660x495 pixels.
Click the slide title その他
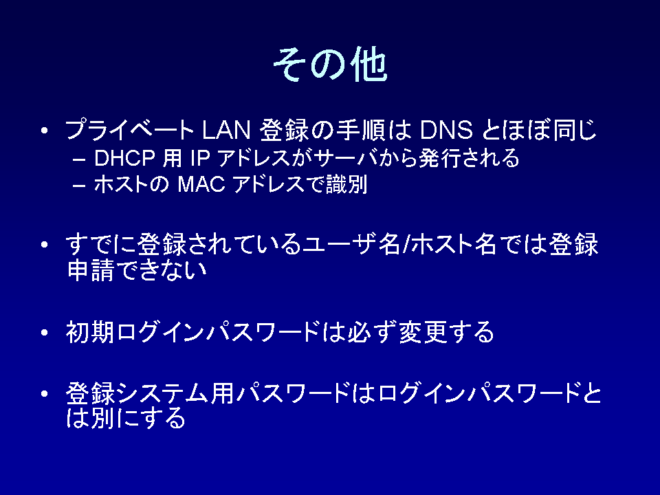(331, 64)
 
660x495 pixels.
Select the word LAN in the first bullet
(226, 130)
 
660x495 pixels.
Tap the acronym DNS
(446, 130)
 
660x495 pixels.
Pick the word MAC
(201, 184)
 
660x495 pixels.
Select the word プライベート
(130, 130)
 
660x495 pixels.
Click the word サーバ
(345, 158)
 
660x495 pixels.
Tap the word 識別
(346, 184)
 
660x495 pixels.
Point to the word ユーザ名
(352, 244)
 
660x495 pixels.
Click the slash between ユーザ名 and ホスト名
(406, 244)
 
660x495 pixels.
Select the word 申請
(91, 270)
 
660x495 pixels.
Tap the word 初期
(90, 333)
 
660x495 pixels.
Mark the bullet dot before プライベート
(45, 131)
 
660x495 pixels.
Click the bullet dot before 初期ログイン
(45, 333)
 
